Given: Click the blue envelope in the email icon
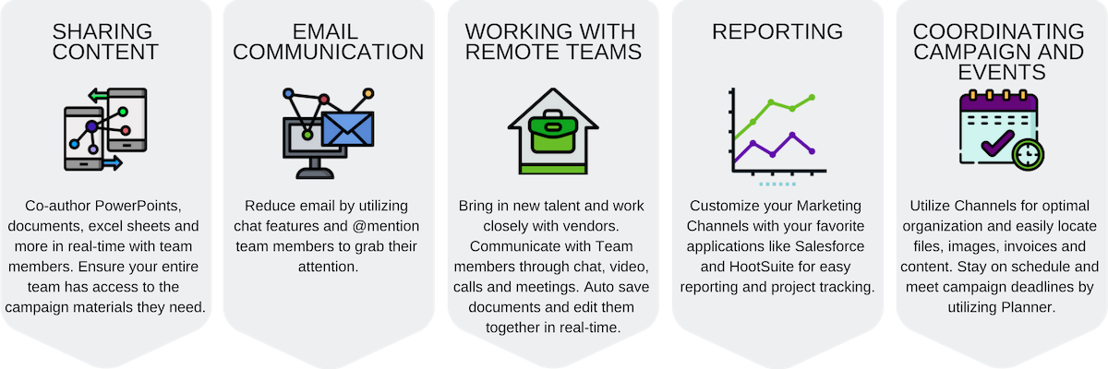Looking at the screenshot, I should (x=346, y=129).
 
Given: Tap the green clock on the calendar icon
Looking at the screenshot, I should (x=1027, y=154).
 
